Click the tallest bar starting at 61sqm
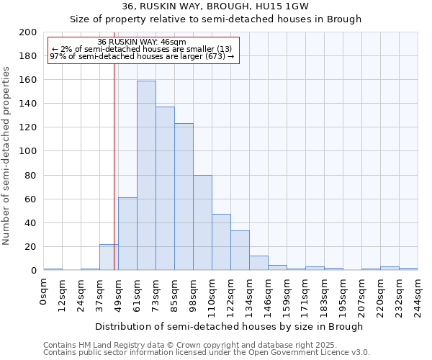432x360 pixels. click(146, 176)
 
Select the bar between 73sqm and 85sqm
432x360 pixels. click(165, 189)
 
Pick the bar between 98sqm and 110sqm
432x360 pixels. click(202, 222)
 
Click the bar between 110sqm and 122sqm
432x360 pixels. click(221, 242)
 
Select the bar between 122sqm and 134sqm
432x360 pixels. click(240, 251)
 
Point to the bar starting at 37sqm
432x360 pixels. click(109, 257)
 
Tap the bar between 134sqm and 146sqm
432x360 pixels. click(258, 263)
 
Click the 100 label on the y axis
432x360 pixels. click(29, 151)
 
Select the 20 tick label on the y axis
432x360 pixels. click(31, 247)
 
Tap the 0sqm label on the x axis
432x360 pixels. click(44, 291)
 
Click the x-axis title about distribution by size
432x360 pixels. click(229, 327)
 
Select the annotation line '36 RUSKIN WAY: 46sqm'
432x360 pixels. click(142, 42)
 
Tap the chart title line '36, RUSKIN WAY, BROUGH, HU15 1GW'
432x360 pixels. click(215, 6)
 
